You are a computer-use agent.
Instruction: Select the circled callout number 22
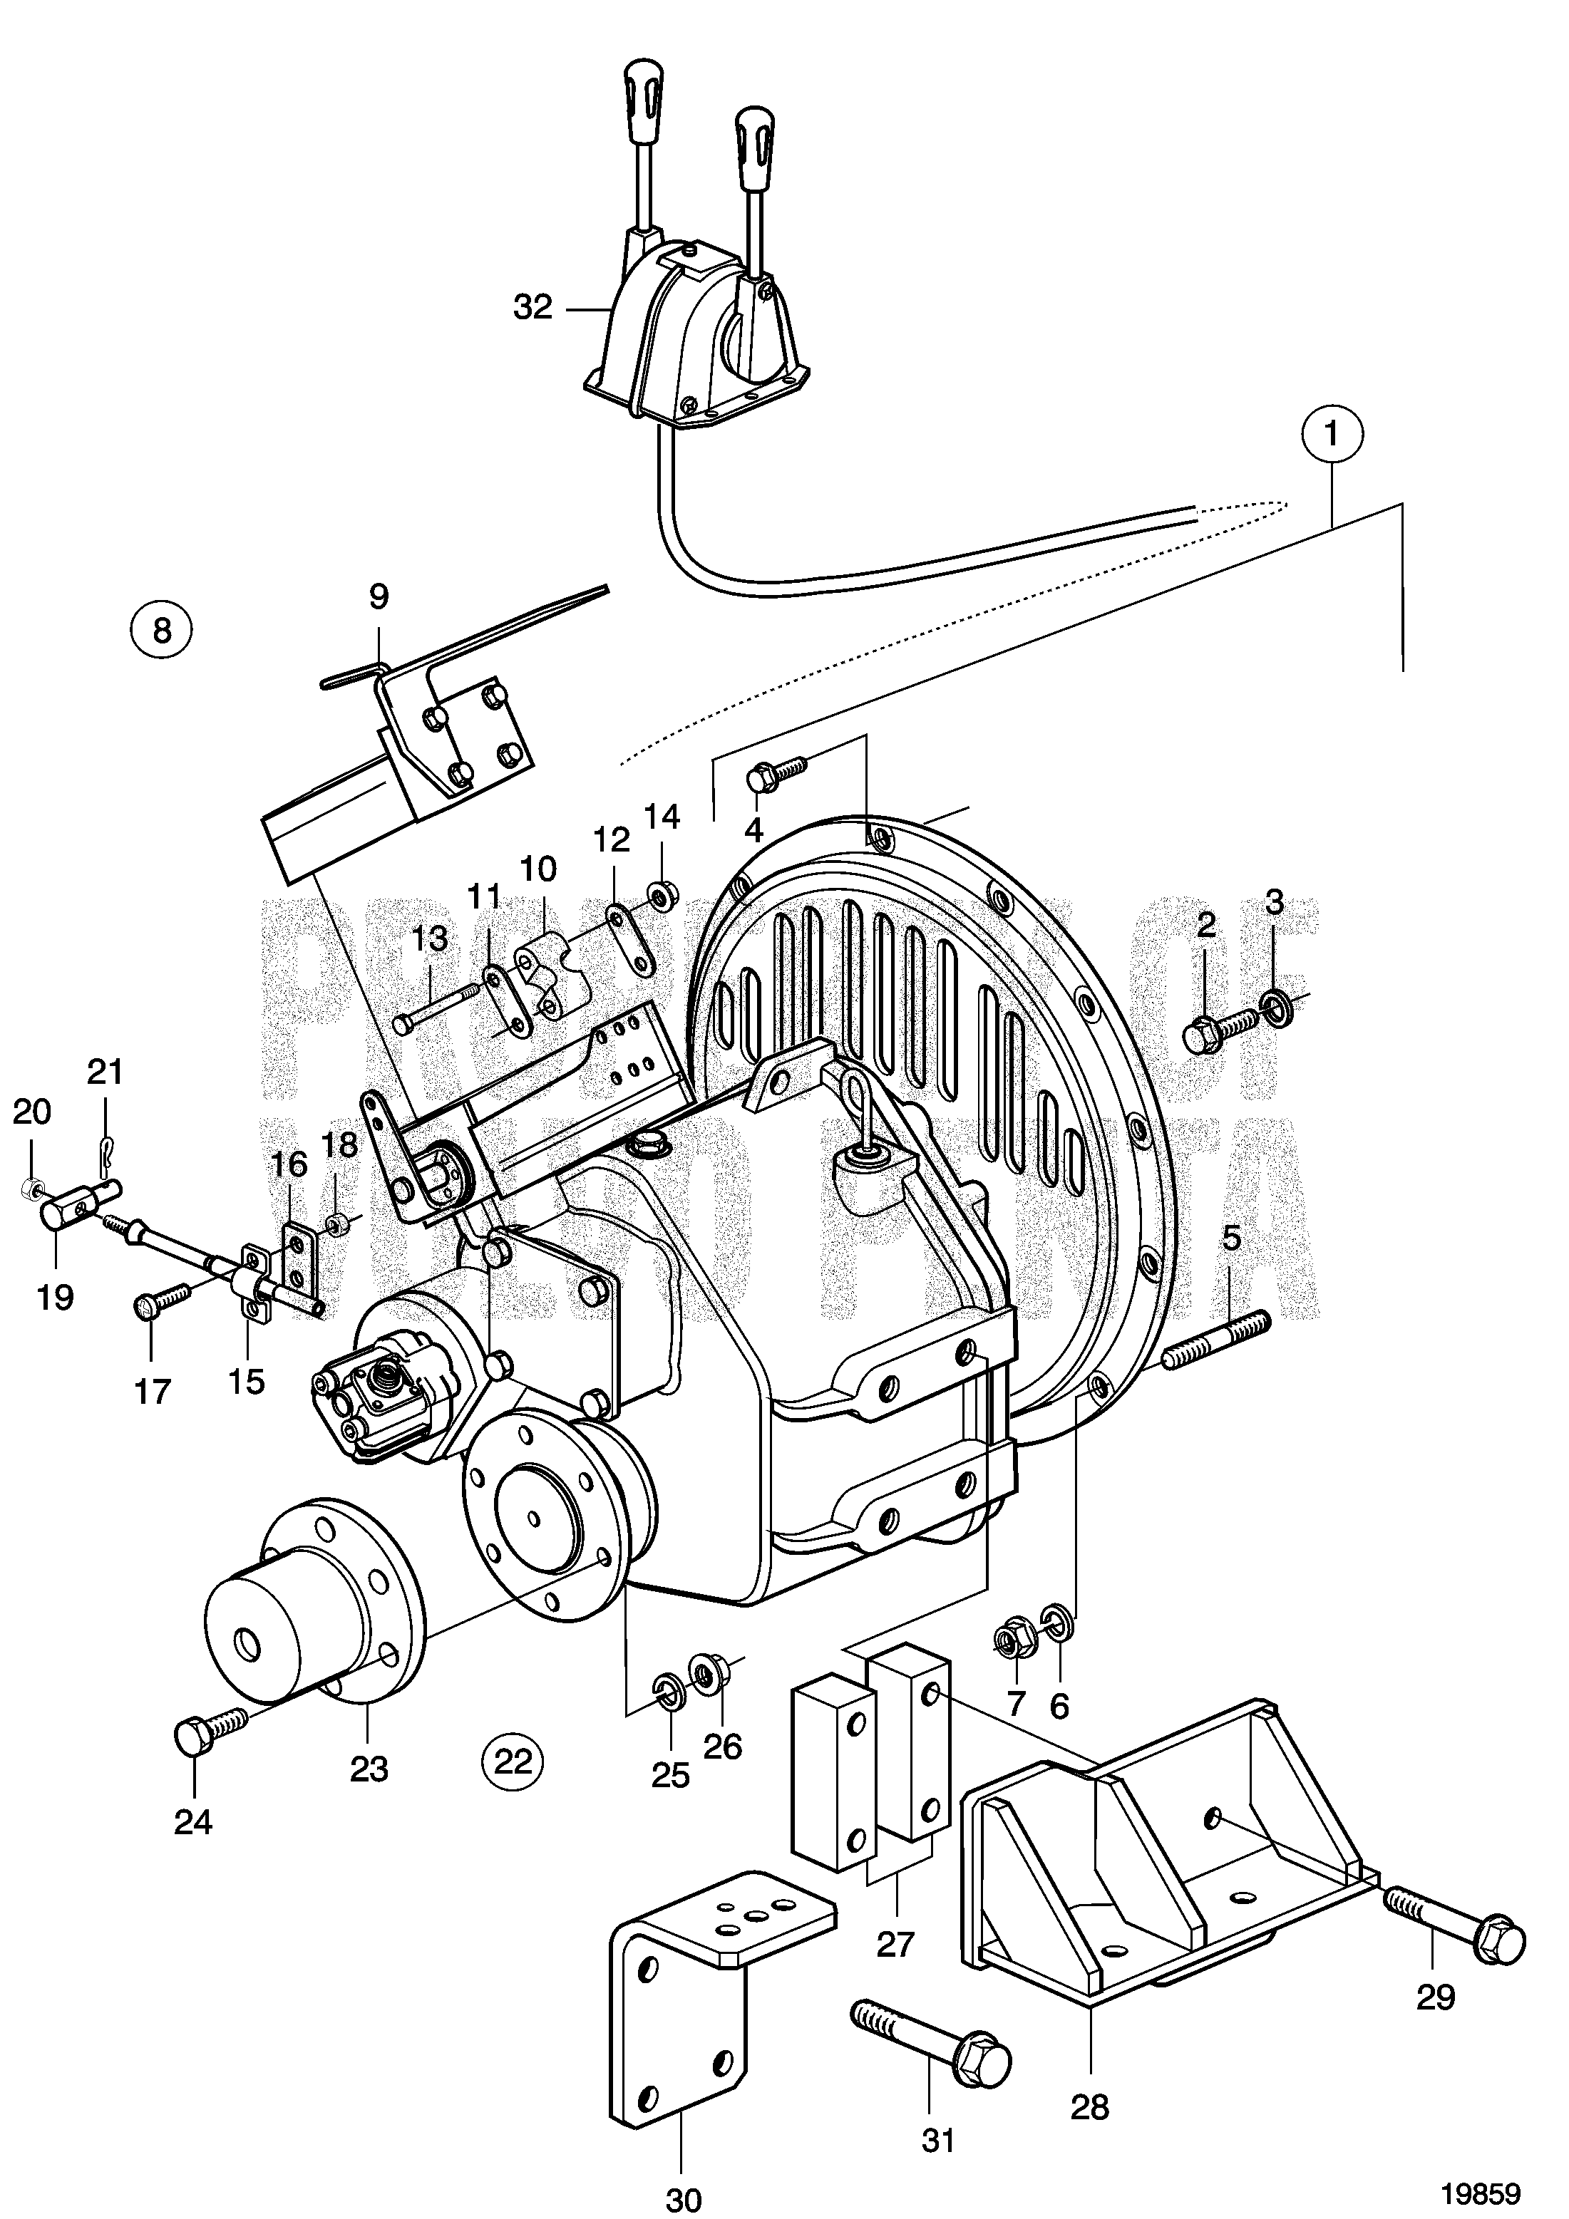tap(513, 1761)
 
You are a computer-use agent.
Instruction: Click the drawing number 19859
tap(1482, 2186)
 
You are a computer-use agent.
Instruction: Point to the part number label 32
tap(533, 309)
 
